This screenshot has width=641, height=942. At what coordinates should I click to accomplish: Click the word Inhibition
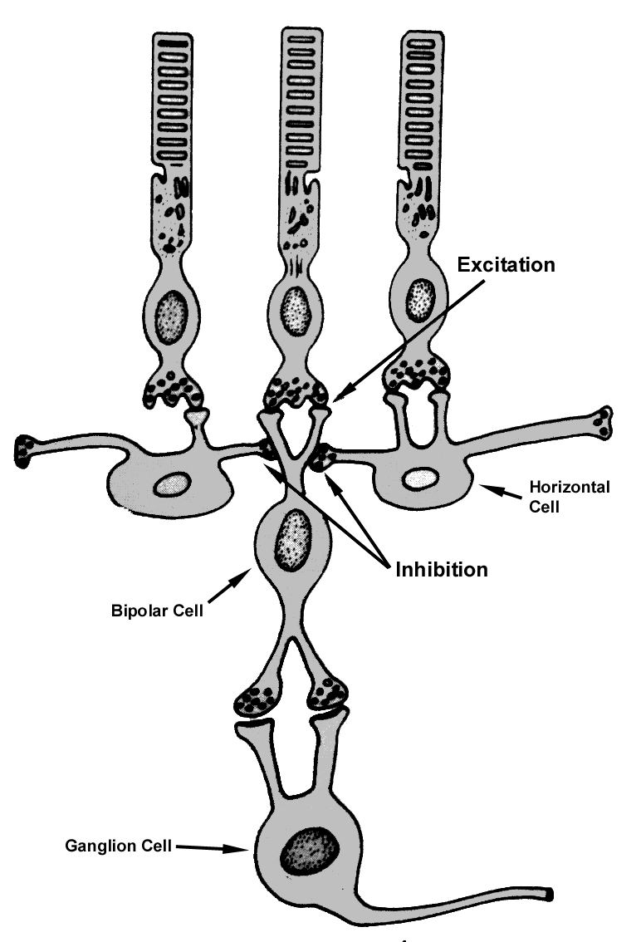(439, 570)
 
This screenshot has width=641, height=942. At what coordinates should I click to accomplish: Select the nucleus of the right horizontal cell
(420, 478)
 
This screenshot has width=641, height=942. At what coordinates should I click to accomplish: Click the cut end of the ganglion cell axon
(550, 894)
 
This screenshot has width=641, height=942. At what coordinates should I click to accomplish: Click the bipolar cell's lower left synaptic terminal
(257, 698)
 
